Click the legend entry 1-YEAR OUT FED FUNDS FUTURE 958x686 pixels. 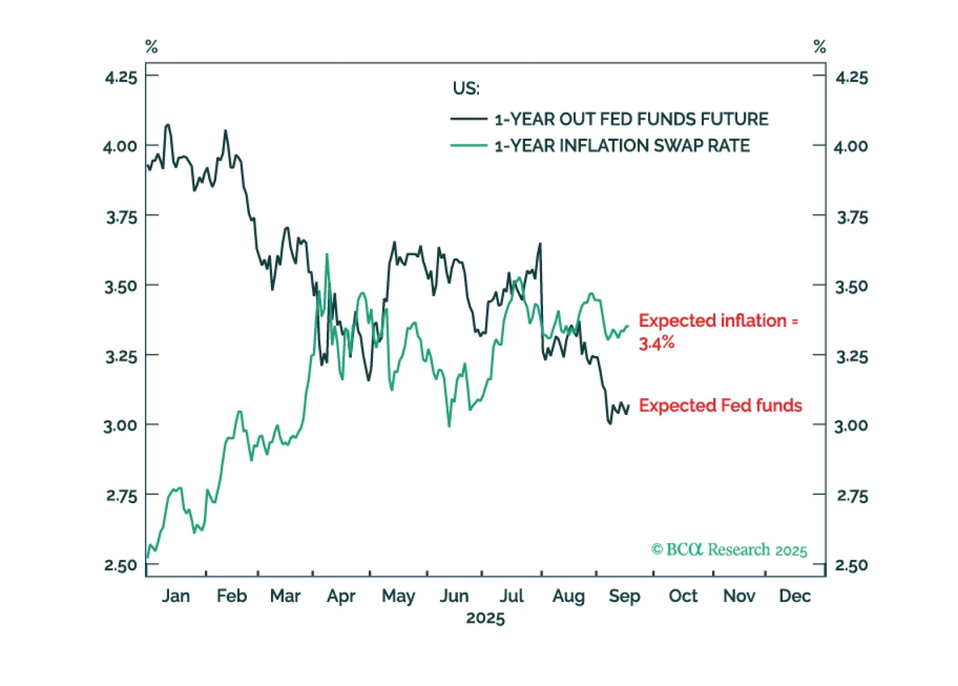pyautogui.click(x=631, y=119)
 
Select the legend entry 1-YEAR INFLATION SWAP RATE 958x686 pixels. pyautogui.click(x=622, y=146)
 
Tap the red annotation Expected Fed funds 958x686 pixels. pyautogui.click(x=720, y=406)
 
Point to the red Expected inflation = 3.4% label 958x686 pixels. pyautogui.click(x=718, y=331)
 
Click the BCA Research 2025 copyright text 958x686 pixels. pyautogui.click(x=729, y=550)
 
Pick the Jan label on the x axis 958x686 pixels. pyautogui.click(x=176, y=596)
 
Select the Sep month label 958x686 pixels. pyautogui.click(x=624, y=596)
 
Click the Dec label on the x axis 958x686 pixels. pyautogui.click(x=794, y=596)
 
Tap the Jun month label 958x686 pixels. pyautogui.click(x=454, y=596)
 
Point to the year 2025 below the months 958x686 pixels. pyautogui.click(x=486, y=618)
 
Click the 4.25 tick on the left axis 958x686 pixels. pyautogui.click(x=121, y=77)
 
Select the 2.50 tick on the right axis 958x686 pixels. pyautogui.click(x=851, y=565)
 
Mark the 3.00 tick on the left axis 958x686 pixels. pyautogui.click(x=120, y=426)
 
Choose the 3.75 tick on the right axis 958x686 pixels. pyautogui.click(x=852, y=217)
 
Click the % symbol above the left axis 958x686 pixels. pyautogui.click(x=152, y=47)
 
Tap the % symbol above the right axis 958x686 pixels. pyautogui.click(x=820, y=47)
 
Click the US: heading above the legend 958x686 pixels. pyautogui.click(x=466, y=89)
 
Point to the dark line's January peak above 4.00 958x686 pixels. pyautogui.click(x=168, y=125)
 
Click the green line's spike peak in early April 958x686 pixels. pyautogui.click(x=327, y=254)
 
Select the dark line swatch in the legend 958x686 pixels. pyautogui.click(x=468, y=119)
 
